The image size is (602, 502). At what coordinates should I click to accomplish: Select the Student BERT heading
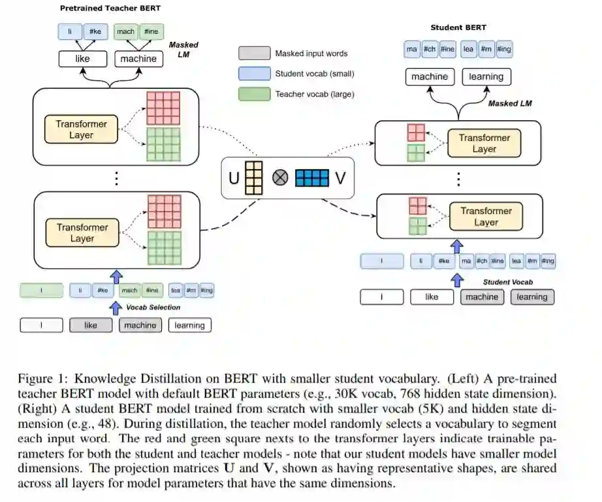(x=458, y=28)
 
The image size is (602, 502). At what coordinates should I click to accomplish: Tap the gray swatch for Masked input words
(x=254, y=54)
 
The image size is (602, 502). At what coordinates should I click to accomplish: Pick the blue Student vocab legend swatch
(x=254, y=74)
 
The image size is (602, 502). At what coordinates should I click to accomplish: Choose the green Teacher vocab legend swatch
(x=254, y=94)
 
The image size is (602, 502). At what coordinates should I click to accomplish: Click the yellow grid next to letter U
(x=253, y=178)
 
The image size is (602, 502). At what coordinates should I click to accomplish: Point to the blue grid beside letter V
(x=312, y=178)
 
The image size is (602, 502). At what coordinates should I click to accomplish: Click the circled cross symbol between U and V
(x=280, y=178)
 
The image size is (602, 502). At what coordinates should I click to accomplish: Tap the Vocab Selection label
(x=153, y=307)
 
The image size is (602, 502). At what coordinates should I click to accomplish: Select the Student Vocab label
(x=508, y=282)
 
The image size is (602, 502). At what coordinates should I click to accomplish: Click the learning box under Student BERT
(x=486, y=76)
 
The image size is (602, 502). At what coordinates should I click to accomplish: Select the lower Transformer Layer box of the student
(x=485, y=217)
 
